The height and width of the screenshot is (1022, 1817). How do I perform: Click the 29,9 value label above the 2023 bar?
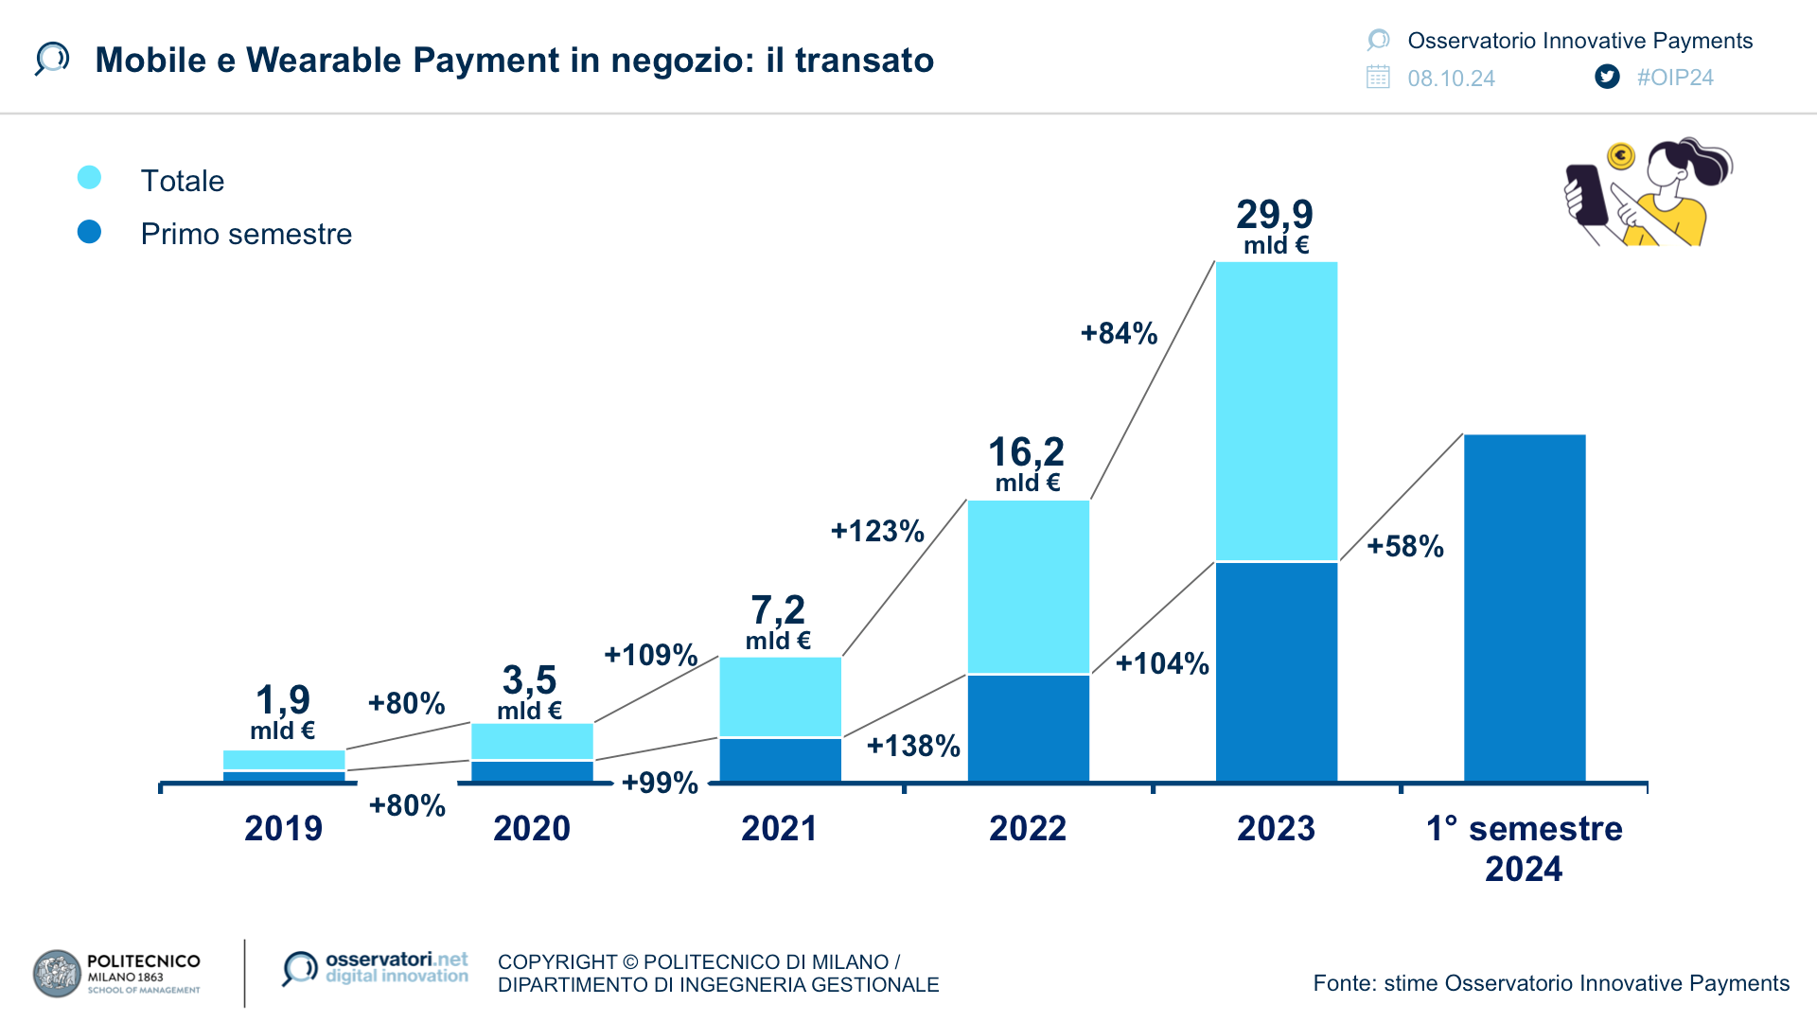point(1275,216)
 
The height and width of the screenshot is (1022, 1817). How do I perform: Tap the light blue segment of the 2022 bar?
point(1028,587)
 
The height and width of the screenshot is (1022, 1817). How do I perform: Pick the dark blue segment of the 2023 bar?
point(1276,672)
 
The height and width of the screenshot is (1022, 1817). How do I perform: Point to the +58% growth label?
point(1405,546)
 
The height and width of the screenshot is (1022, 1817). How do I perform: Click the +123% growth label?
point(877,531)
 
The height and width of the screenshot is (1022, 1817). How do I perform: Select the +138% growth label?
point(913,746)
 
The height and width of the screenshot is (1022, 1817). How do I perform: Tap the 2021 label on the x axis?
point(779,828)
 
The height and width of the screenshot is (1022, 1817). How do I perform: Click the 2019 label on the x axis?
point(283,828)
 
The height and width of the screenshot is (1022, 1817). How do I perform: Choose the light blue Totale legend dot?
point(89,178)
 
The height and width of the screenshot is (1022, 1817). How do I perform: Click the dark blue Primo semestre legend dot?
point(89,232)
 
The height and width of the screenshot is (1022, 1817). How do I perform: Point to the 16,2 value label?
point(1027,453)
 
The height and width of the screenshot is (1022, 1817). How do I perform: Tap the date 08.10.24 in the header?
point(1451,79)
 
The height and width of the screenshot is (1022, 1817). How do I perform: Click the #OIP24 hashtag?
point(1675,78)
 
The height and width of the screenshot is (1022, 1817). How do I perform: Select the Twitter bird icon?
point(1607,77)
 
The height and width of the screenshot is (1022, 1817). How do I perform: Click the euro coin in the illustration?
point(1621,155)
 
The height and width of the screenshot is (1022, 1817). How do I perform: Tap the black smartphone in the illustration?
point(1586,194)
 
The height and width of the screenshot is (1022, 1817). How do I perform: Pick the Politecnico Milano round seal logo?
point(57,974)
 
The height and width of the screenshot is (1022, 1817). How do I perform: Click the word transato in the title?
point(864,61)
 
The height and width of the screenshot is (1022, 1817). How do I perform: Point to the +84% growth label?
point(1119,333)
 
